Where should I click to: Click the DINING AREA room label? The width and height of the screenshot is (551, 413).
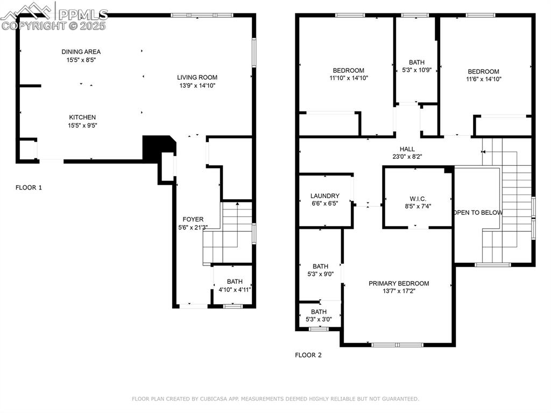[x=81, y=52]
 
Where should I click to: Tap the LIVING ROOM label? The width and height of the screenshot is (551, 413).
[x=197, y=77]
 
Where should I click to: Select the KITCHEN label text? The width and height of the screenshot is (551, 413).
[x=82, y=117]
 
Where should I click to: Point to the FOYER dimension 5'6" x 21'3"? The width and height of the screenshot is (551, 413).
[x=193, y=227]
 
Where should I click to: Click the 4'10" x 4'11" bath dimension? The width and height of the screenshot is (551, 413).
[x=235, y=290]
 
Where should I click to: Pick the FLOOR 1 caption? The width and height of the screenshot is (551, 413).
[x=29, y=187]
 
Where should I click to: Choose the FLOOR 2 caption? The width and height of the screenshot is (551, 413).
[x=308, y=355]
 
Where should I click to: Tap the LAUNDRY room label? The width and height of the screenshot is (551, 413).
[x=325, y=196]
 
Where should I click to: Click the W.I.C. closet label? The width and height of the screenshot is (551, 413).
[x=418, y=198]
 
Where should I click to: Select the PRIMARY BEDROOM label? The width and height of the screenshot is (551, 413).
[x=399, y=283]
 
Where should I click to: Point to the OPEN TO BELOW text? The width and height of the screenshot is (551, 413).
[x=478, y=213]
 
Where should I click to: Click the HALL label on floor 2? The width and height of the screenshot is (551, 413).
[x=407, y=149]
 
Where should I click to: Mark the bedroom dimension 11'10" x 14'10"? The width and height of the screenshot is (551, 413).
[x=349, y=78]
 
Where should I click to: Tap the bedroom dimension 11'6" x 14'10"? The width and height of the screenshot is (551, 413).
[x=483, y=79]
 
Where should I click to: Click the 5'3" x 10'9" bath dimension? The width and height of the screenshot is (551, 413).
[x=416, y=70]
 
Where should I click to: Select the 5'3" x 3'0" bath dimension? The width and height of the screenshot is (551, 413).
[x=319, y=319]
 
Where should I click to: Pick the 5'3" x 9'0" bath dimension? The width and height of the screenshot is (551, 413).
[x=320, y=274]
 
